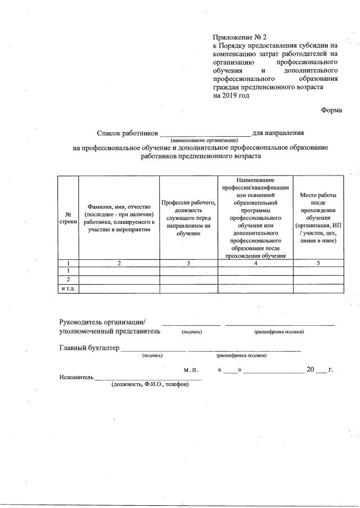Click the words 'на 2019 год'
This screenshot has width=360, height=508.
point(231,95)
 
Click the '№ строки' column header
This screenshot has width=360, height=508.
point(68,218)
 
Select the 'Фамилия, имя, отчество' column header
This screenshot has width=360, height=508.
point(119,218)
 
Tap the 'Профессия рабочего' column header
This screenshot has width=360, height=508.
point(188,218)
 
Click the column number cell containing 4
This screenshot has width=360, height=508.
point(255,263)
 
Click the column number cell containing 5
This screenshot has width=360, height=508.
point(318,263)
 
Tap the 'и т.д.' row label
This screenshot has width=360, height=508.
point(68,289)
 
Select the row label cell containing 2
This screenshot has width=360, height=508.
point(68,280)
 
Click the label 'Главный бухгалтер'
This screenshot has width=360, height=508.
point(89,348)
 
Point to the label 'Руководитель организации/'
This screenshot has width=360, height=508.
point(102,322)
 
